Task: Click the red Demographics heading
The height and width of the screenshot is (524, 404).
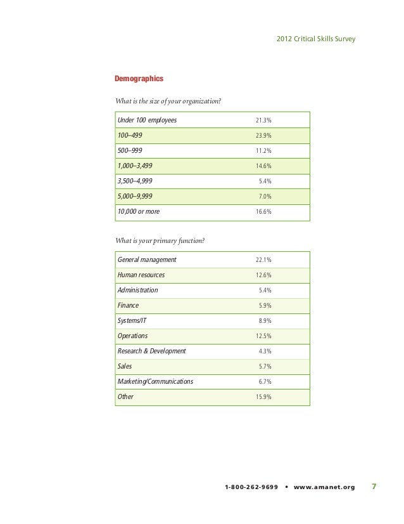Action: point(139,79)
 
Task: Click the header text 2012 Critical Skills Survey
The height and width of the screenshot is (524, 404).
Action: point(316,39)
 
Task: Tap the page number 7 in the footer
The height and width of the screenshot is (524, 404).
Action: point(374,487)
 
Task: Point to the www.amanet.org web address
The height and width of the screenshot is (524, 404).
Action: point(324,488)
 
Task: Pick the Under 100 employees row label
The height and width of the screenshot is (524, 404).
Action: point(147,120)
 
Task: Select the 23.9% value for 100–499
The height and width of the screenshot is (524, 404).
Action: point(263,136)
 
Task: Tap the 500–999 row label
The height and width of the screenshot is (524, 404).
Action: point(130,150)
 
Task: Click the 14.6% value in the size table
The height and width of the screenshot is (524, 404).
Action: point(263,166)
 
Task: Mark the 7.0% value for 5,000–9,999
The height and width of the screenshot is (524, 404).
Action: point(265,197)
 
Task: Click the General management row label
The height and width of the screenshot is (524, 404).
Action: point(147,259)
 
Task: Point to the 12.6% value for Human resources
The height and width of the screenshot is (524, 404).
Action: point(263,275)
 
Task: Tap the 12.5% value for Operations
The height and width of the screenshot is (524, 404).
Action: point(263,336)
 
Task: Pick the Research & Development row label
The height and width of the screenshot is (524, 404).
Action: point(152,351)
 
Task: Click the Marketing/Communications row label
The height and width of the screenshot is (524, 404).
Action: point(156,381)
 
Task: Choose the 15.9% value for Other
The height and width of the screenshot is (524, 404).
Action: point(263,397)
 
